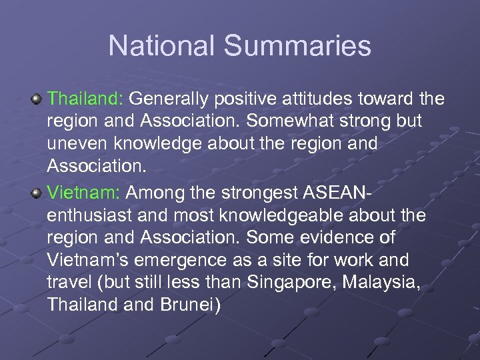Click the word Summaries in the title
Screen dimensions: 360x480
297,46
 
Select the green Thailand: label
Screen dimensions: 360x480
85,99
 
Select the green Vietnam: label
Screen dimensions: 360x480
83,193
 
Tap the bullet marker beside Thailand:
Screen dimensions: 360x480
37,100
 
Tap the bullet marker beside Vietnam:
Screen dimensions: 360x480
37,194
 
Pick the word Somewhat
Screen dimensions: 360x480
294,121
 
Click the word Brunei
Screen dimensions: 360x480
193,303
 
